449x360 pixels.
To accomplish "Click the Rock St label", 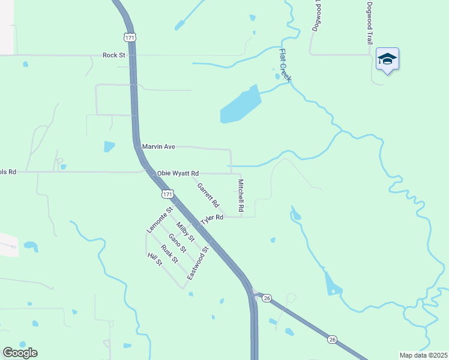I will click(x=113, y=55).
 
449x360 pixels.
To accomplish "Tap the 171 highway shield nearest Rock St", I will click(x=130, y=37).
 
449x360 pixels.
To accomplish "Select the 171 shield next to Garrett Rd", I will click(x=168, y=194).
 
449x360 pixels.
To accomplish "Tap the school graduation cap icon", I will click(x=387, y=59).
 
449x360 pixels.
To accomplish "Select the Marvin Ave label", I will click(x=158, y=146).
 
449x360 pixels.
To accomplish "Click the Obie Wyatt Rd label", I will click(x=178, y=173).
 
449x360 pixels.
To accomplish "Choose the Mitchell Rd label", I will click(x=241, y=196).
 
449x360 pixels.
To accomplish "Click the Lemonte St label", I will click(x=160, y=220).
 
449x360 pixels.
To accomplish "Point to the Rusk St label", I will click(x=169, y=252).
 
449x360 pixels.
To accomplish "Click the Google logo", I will click(x=20, y=353).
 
